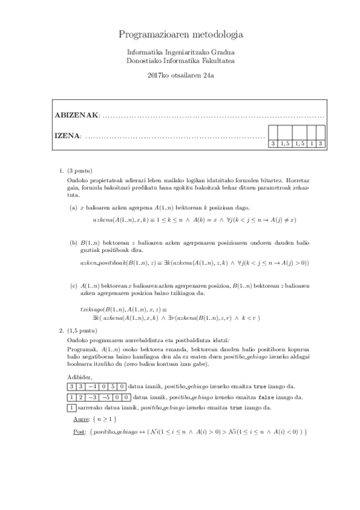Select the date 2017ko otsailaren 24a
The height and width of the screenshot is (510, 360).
pyautogui.click(x=180, y=75)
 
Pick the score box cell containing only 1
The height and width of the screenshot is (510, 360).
pyautogui.click(x=311, y=143)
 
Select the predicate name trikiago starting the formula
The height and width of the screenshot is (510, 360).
pyautogui.click(x=91, y=308)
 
